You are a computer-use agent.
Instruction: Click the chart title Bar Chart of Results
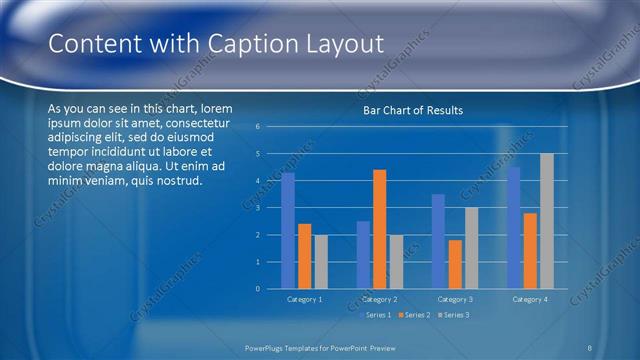pos(412,110)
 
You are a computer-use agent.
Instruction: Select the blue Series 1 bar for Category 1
pos(288,231)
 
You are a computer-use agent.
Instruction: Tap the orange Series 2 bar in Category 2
pos(379,229)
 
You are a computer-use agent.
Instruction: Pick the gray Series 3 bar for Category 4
pos(546,221)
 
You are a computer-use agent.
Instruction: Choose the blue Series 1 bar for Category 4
pos(514,228)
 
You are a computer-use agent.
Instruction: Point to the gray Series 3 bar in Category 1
pos(320,262)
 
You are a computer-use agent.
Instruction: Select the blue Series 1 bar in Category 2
pos(363,255)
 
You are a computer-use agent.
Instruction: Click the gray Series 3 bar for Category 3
pos(470,248)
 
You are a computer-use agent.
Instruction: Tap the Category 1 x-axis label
pos(304,299)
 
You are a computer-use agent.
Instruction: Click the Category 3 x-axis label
pos(455,299)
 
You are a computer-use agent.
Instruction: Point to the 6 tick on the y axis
pos(257,127)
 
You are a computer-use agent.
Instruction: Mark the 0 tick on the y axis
pos(257,289)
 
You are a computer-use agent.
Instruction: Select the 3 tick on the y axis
pos(257,208)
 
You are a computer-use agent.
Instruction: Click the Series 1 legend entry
pos(376,315)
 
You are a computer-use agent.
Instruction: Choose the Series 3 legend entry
pos(452,315)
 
